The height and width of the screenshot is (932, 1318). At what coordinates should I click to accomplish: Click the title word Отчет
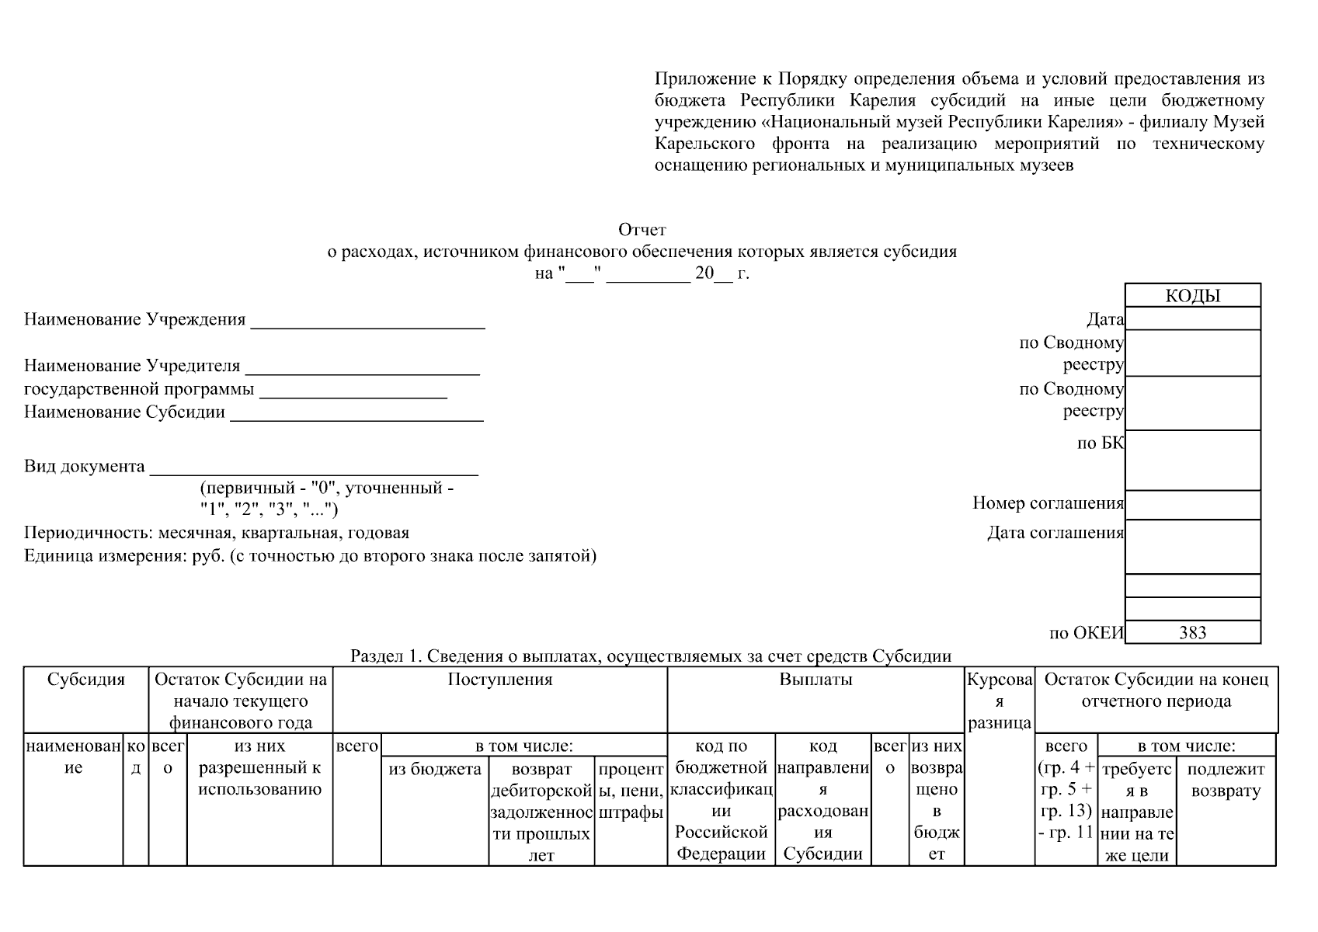coord(642,230)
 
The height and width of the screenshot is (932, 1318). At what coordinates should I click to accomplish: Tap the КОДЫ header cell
coord(1192,296)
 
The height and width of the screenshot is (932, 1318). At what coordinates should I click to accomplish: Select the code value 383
coord(1192,632)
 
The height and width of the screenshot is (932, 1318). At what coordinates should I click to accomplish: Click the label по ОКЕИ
coord(1086,633)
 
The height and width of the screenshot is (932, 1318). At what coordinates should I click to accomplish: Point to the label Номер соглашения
coord(1048,503)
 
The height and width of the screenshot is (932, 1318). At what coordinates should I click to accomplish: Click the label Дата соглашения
coord(1055,533)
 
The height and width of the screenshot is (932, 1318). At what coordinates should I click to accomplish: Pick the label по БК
coord(1100,443)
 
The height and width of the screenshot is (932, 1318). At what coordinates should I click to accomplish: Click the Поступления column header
coord(500,680)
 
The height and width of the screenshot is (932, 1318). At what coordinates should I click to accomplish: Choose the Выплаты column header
coord(815,680)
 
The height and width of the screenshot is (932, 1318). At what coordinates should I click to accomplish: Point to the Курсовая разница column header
coord(1000,701)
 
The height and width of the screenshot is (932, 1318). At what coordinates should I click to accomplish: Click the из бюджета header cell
coord(435,769)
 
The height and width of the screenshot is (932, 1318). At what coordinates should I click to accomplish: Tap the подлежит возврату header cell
coord(1226,780)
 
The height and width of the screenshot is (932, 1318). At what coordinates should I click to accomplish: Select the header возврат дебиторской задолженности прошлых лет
coord(541,812)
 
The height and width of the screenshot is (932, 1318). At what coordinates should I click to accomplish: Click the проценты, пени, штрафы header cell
coord(631,791)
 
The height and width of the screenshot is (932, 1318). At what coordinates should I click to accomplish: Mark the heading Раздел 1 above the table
coord(651,656)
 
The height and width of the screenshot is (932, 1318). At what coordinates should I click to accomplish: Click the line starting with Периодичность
coord(217,533)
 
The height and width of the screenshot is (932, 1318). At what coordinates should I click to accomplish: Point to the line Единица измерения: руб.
coord(310,556)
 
